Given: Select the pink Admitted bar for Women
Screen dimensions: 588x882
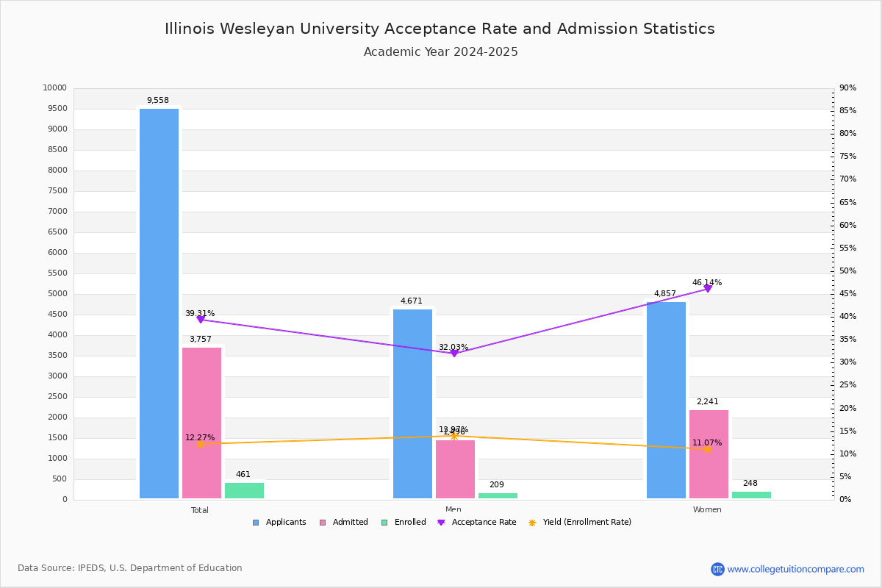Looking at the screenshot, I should pos(709,454).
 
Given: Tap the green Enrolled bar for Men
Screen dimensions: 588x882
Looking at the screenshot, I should pos(498,495).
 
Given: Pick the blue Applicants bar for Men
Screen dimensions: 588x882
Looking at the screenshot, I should pos(412,404).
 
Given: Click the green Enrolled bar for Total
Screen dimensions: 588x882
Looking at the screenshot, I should pos(244,490).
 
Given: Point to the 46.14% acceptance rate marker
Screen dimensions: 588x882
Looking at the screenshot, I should pos(708,289).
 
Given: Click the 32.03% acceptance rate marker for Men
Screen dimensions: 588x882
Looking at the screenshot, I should pos(453,354).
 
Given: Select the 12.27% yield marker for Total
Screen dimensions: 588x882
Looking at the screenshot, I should pos(200,444).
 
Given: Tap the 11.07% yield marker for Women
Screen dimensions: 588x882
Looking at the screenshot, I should pos(708,449).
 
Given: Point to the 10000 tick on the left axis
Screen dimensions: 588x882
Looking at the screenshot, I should pos(55,88).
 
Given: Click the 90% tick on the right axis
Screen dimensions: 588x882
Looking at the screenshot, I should pos(847,88).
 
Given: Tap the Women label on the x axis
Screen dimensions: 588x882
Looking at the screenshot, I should pos(707,510).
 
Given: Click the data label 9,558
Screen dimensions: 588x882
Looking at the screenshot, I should pos(158,101).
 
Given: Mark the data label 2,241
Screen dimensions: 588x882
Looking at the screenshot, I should pos(708,402).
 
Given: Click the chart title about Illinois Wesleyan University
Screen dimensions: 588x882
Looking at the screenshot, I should pos(440,29).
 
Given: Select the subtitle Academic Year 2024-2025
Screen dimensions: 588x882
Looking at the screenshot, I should pos(440,52).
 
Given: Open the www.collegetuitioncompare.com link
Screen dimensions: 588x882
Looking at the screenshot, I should pos(795,569).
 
